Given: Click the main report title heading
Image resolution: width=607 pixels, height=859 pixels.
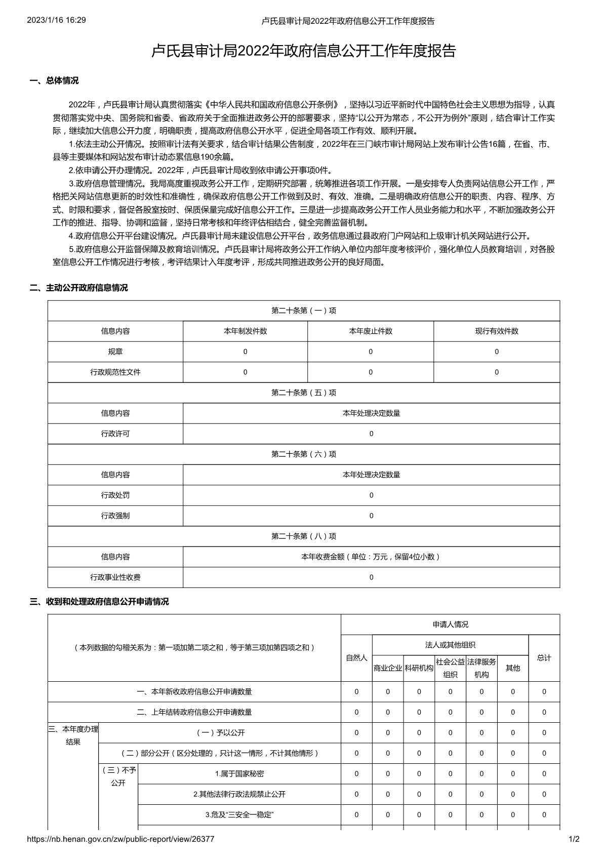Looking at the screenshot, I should [x=303, y=51].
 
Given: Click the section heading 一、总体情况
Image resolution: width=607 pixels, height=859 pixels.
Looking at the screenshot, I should [x=55, y=81].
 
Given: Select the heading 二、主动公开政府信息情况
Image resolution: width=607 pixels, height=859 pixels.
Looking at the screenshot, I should [x=79, y=288].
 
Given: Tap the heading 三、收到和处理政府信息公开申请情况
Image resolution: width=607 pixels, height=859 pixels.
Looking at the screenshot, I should [x=99, y=602].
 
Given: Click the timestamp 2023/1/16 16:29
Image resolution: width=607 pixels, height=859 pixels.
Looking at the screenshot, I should [x=56, y=20].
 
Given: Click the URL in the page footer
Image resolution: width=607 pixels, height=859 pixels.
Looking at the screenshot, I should [x=120, y=839].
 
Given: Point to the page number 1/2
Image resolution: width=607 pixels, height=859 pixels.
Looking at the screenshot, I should [x=574, y=839].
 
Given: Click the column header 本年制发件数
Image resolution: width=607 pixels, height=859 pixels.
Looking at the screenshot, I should [x=245, y=331].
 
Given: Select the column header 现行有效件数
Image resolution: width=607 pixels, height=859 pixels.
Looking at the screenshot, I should [x=496, y=331].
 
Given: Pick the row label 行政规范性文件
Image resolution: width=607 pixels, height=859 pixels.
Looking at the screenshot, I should [x=115, y=372].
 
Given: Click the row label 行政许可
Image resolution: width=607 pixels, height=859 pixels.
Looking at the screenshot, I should [x=115, y=434].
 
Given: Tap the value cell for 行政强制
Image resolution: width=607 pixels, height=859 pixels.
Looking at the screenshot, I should [x=371, y=516].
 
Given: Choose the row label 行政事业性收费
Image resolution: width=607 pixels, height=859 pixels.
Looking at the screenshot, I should [x=115, y=577].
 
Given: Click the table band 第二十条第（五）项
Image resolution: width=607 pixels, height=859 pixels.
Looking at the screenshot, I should [x=304, y=393].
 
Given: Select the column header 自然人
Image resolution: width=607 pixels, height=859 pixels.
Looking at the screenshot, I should [x=356, y=658].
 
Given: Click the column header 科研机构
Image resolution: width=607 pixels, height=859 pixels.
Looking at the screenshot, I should [x=419, y=668].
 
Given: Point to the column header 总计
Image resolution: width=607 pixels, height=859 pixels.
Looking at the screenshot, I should [x=544, y=658].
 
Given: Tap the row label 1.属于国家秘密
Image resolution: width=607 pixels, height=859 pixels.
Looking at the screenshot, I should [x=239, y=774].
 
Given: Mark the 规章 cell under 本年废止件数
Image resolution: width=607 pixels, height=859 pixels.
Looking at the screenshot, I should [x=371, y=352].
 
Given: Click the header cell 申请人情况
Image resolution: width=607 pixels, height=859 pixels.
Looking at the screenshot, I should [x=450, y=624].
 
